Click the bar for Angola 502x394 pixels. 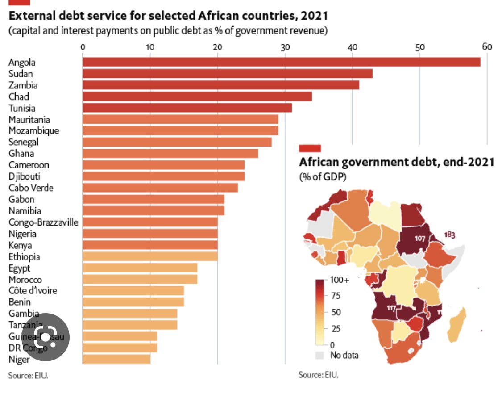[281, 62]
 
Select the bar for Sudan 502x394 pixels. [227, 74]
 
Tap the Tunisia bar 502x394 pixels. [187, 108]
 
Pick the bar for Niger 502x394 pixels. [116, 359]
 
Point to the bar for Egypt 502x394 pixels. [140, 268]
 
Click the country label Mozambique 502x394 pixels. [33, 131]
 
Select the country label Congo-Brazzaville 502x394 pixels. [43, 222]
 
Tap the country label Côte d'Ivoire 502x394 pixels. [33, 291]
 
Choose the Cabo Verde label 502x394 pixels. [30, 188]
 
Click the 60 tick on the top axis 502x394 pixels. [486, 47]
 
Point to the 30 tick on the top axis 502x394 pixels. [285, 47]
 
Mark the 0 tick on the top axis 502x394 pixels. [83, 47]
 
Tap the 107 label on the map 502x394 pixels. [419, 238]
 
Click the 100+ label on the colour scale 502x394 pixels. [340, 280]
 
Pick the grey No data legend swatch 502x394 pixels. [319, 356]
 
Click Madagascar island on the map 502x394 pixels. [459, 322]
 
